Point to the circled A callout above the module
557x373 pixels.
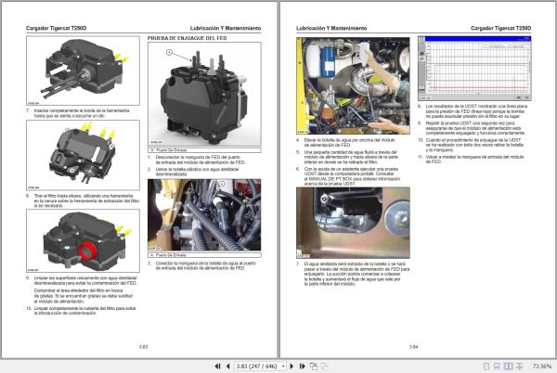pos(169,53)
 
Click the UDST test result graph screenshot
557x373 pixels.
pos(474,68)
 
